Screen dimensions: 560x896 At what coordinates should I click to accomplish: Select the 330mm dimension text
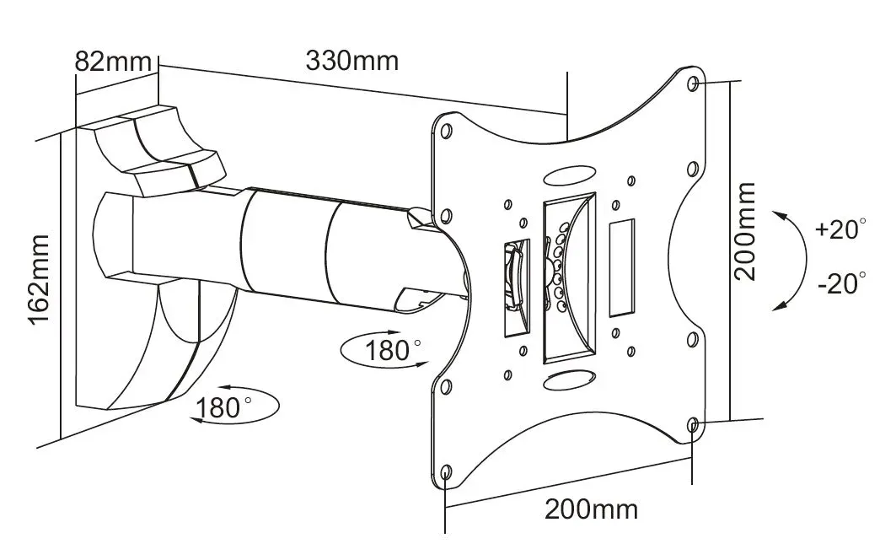pos(351,61)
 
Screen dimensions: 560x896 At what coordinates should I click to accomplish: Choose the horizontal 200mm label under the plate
pos(591,509)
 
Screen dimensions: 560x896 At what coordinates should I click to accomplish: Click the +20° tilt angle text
pos(840,229)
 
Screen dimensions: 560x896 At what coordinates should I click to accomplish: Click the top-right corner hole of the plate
pos(693,83)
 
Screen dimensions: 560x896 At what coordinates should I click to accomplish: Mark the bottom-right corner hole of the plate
pos(693,425)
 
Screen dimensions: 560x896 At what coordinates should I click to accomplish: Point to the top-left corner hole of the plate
pos(446,132)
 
